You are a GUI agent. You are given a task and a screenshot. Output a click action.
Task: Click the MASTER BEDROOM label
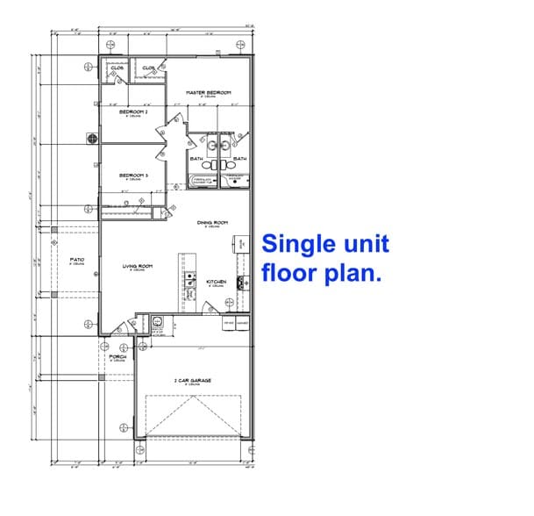coord(208,92)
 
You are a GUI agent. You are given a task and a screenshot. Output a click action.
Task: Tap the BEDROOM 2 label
coord(133,112)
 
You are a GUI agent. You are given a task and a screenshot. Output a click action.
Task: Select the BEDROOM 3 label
coord(133,176)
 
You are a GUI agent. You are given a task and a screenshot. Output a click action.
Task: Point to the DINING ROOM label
coord(212,222)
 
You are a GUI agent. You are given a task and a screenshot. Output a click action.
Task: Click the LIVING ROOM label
coord(138,266)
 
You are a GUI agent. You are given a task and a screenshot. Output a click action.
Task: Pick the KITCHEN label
coord(217,282)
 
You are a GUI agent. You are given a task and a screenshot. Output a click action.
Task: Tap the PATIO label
coord(76,260)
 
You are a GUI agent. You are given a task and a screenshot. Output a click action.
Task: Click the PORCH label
coord(117,357)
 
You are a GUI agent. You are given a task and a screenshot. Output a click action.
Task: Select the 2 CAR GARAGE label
coord(193,381)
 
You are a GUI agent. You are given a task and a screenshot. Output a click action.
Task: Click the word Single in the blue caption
coord(295,245)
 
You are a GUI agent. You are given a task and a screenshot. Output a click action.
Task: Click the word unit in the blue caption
coord(360,245)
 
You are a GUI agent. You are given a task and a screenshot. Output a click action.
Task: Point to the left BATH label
coord(196,159)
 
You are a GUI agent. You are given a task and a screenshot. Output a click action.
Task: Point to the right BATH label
coord(239,159)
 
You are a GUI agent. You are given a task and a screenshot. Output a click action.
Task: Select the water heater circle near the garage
coord(158,321)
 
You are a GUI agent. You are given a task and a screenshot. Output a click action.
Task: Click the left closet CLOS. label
coord(116,68)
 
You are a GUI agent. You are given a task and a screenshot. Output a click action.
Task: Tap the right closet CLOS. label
coord(148,68)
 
